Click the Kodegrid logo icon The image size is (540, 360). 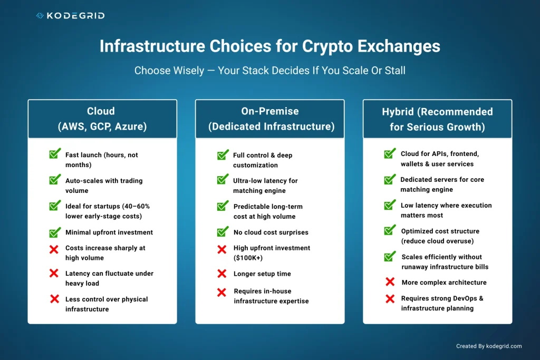[x=40, y=16]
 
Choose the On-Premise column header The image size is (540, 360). [x=269, y=119]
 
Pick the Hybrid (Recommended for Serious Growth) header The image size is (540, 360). [x=437, y=119]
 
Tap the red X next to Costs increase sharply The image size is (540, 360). [x=54, y=249]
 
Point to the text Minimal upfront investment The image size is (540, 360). [x=109, y=232]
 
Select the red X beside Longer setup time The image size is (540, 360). [x=222, y=274]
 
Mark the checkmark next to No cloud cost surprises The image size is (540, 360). [x=223, y=231]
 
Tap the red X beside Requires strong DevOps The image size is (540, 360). [x=390, y=299]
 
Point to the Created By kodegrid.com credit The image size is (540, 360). [x=489, y=346]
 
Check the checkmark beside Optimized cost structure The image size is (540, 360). [x=390, y=230]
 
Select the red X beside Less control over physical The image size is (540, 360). [x=54, y=299]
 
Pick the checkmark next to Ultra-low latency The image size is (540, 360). [x=223, y=180]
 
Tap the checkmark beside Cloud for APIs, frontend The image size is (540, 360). [x=390, y=153]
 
